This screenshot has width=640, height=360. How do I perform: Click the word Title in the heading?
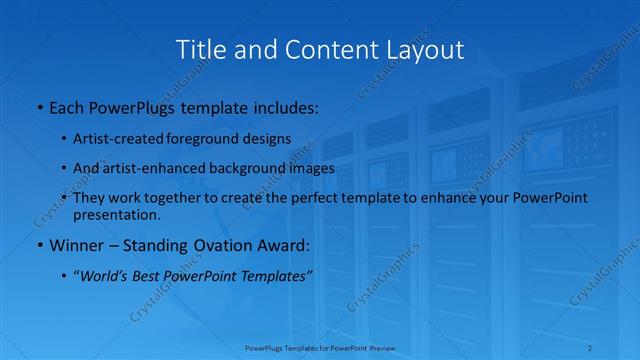pyautogui.click(x=199, y=49)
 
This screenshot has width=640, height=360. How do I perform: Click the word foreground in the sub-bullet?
pyautogui.click(x=212, y=139)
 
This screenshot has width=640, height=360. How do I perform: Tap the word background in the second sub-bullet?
pyautogui.click(x=260, y=168)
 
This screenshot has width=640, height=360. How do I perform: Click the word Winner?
pyautogui.click(x=76, y=245)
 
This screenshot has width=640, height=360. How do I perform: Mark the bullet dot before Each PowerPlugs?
pyautogui.click(x=39, y=107)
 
